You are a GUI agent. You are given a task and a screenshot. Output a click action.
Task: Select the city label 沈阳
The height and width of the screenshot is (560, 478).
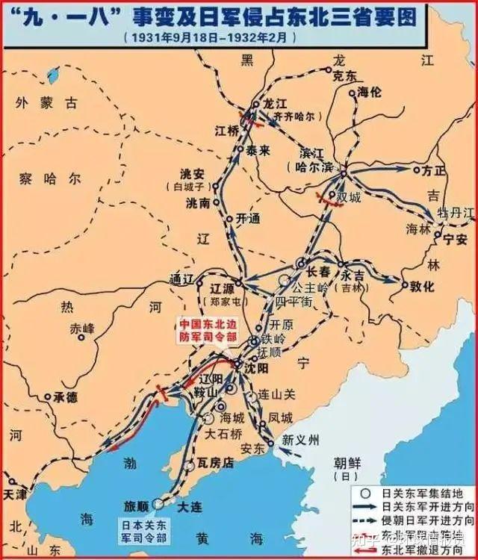click(257, 369)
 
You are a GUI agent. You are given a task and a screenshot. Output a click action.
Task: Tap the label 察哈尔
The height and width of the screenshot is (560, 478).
click(51, 179)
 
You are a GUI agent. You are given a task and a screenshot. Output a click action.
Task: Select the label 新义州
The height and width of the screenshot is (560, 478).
click(300, 441)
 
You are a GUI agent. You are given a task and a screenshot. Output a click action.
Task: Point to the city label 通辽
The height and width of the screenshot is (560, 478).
click(181, 279)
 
